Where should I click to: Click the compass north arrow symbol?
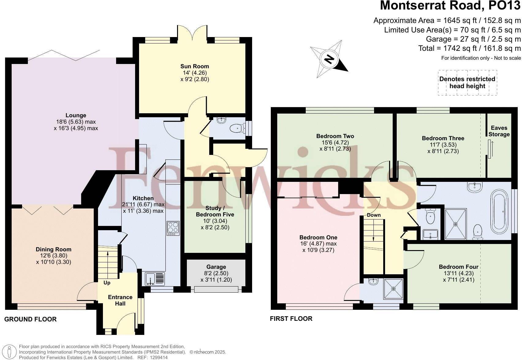[x=329, y=59]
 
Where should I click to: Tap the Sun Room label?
[x=195, y=66]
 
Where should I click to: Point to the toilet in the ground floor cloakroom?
[x=237, y=129]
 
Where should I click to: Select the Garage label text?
[x=216, y=267]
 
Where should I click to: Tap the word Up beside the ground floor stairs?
[x=107, y=283]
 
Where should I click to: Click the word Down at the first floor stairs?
[x=374, y=215]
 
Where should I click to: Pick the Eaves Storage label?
[x=499, y=131]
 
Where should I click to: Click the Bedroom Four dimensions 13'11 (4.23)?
[x=458, y=273]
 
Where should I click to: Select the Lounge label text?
[x=76, y=115]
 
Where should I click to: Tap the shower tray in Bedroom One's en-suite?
[x=394, y=288]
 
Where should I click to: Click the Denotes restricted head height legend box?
[x=467, y=83]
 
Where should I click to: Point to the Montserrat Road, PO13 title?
[x=450, y=6]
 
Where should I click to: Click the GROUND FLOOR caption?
[x=30, y=319]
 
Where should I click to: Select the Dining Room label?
[x=53, y=249]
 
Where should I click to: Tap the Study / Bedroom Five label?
[x=215, y=211]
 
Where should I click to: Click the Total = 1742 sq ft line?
[x=469, y=48]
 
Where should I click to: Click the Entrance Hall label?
[x=120, y=300]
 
